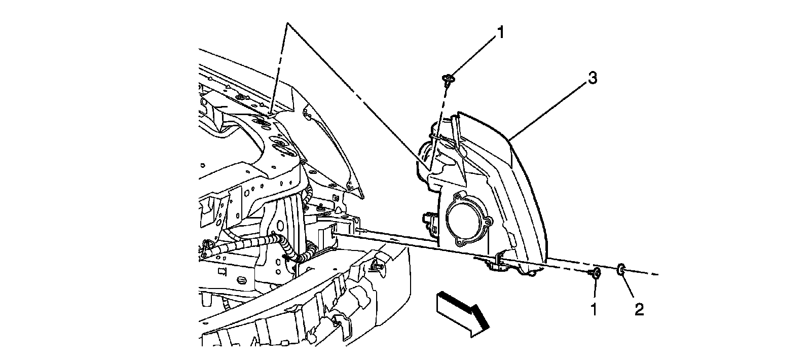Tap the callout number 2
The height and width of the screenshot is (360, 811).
click(x=639, y=309)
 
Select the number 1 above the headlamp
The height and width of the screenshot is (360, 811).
click(x=500, y=33)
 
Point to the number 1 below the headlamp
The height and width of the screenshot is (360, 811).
click(x=594, y=309)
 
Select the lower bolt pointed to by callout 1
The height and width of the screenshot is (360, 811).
click(x=596, y=274)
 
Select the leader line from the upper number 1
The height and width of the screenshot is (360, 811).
click(x=473, y=55)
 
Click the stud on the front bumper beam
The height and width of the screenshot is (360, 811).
click(x=378, y=265)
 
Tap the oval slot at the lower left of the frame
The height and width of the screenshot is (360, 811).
click(x=242, y=280)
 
